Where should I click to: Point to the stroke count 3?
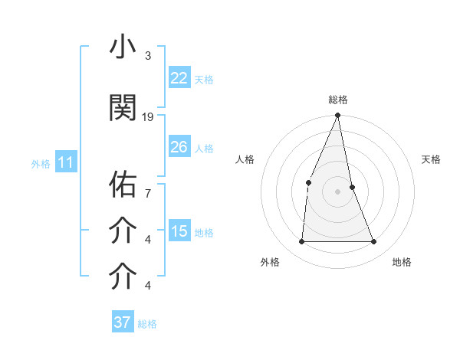(x=147, y=56)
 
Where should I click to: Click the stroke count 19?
(x=148, y=116)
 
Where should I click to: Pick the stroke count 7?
(x=147, y=185)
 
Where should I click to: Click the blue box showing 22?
(x=179, y=78)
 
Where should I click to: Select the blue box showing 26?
(x=179, y=147)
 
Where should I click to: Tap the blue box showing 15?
(x=179, y=231)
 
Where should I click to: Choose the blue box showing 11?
(x=65, y=162)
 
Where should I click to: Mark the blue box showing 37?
(x=122, y=322)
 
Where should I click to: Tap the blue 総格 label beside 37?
(x=147, y=324)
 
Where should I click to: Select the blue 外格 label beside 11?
(x=41, y=163)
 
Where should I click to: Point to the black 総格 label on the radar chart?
(x=337, y=100)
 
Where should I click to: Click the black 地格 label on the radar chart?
(x=402, y=262)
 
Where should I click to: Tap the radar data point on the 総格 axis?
(x=337, y=116)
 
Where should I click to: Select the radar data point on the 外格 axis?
(x=301, y=241)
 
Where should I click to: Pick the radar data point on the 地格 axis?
(x=374, y=241)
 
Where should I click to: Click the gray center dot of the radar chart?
(x=337, y=191)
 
